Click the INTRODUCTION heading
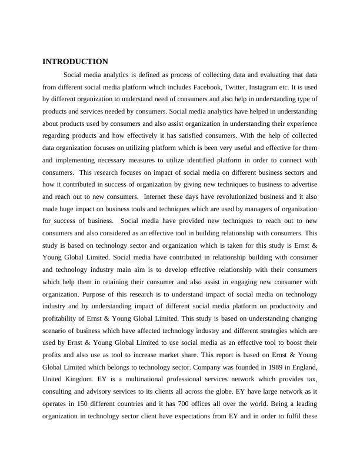tap(75, 62)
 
